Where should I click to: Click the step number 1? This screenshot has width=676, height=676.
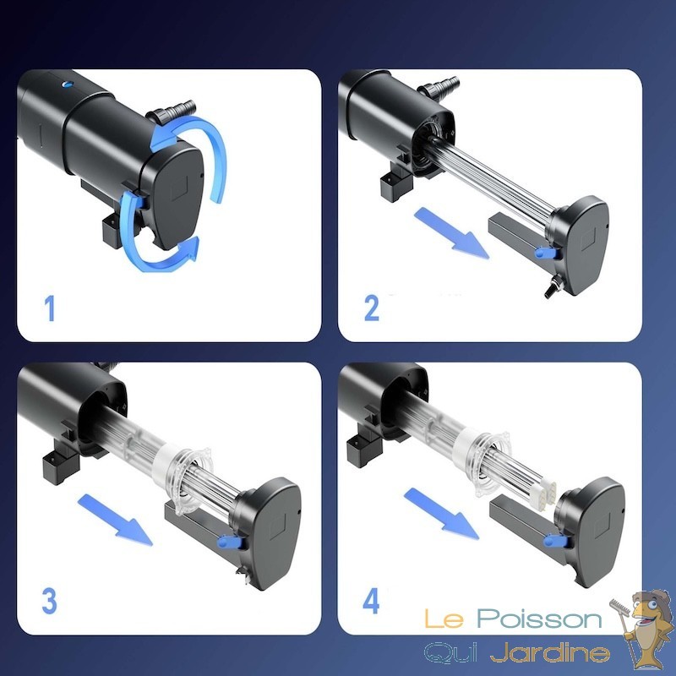51,308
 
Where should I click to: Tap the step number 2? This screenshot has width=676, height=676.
372,308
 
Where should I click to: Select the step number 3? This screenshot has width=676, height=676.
49,601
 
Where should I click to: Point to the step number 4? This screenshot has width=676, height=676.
371,601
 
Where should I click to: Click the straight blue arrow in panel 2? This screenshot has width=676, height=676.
452,233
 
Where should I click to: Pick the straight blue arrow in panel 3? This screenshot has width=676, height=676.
115,520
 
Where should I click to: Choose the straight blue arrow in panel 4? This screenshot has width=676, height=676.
441,513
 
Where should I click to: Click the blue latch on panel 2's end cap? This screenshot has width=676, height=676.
544,252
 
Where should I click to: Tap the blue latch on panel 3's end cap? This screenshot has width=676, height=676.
229,542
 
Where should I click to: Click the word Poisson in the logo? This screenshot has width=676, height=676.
539,619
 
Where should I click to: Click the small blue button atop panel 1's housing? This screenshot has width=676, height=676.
68,84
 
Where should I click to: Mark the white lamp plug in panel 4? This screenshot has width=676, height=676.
544,489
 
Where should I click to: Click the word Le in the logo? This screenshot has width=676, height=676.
444,619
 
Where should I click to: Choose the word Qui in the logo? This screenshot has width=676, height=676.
451,652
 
